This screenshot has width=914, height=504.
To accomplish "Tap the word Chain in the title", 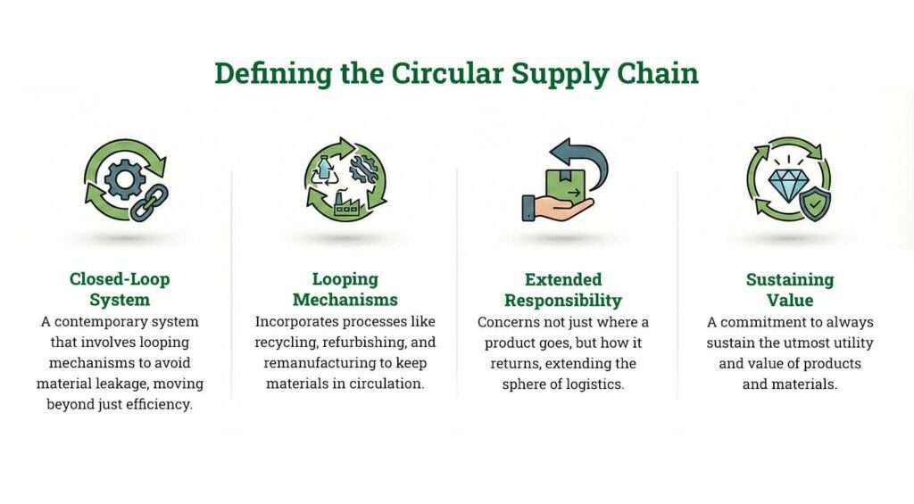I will (658, 73).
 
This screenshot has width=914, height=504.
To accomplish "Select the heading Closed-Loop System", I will (120, 289).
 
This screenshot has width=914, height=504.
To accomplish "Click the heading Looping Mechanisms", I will (345, 289).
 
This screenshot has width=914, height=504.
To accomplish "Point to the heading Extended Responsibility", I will (563, 289).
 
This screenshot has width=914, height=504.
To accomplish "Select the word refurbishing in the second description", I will (370, 342).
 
